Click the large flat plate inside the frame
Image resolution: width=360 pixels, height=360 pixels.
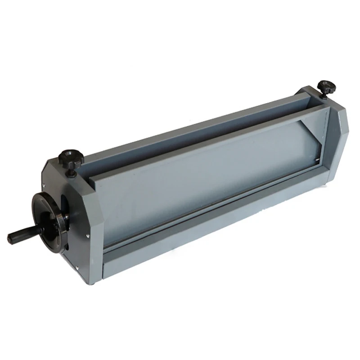point(202,171)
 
